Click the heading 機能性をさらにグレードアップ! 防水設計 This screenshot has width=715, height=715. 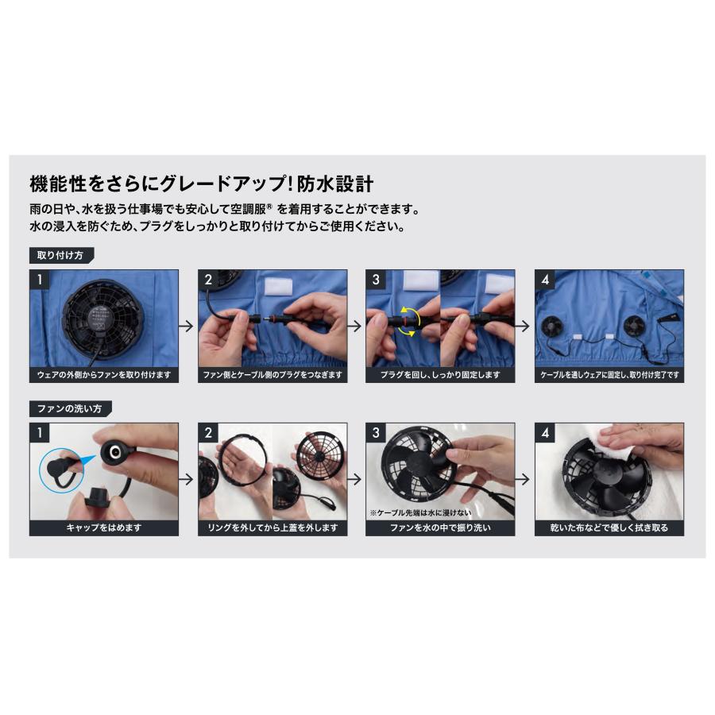(x=202, y=184)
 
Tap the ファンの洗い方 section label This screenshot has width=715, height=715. (x=70, y=408)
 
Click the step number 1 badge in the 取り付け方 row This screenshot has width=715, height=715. (x=38, y=279)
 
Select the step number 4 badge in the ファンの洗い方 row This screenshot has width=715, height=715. (x=544, y=432)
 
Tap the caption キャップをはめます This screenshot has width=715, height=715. (x=104, y=528)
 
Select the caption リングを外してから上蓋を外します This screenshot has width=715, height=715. (x=272, y=528)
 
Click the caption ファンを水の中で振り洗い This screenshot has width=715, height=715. (x=440, y=528)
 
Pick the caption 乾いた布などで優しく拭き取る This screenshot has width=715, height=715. (x=609, y=528)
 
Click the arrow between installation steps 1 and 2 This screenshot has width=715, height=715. (x=188, y=326)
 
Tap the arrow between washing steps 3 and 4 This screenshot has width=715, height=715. (x=524, y=479)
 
